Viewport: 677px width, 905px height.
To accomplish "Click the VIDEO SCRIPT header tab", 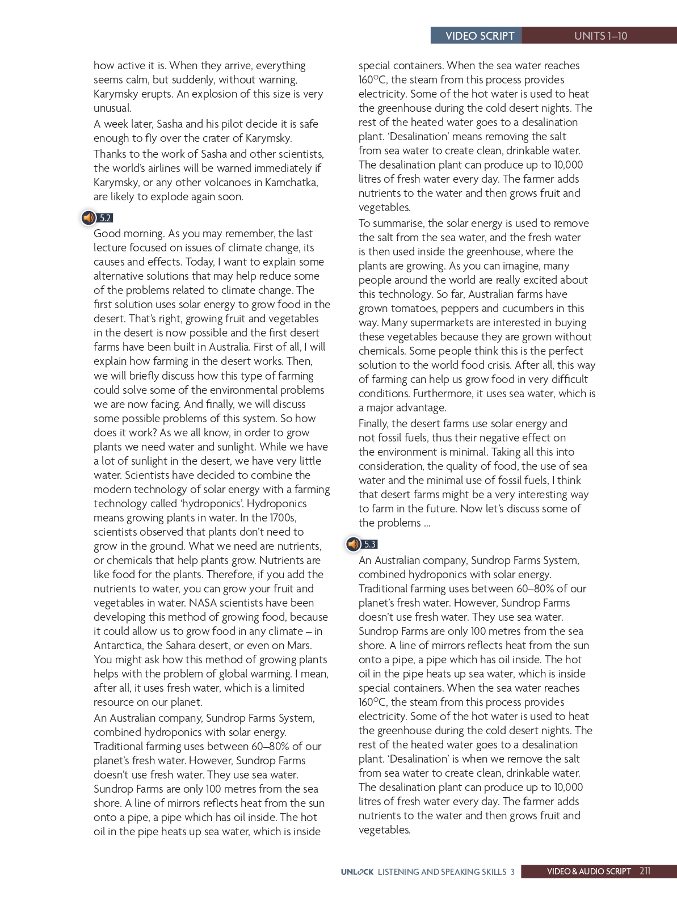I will click(480, 36).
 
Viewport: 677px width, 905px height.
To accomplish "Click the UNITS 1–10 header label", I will click(600, 36).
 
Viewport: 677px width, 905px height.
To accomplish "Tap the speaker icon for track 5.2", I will click(89, 217).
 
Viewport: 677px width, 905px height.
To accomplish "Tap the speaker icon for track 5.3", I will click(354, 544).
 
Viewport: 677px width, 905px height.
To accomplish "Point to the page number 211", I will click(645, 871).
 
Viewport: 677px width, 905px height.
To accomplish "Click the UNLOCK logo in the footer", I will click(357, 872).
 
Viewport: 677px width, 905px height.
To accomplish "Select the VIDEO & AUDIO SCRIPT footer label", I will click(588, 872).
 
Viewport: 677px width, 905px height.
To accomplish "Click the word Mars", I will click(299, 645).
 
